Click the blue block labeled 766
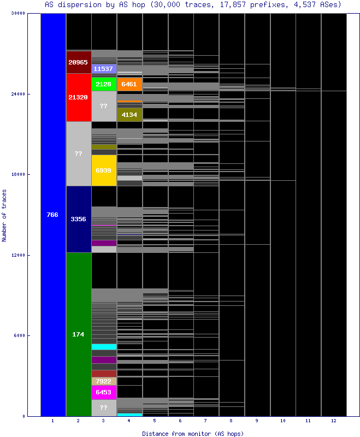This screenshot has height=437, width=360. point(53,215)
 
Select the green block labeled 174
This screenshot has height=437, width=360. point(79,334)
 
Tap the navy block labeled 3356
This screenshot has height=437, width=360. point(79,219)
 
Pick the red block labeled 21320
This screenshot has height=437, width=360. point(79,97)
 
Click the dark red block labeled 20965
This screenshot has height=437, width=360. point(79,62)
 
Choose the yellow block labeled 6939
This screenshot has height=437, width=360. point(104,170)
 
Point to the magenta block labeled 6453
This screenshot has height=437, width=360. point(104,392)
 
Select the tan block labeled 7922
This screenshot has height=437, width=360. point(104,381)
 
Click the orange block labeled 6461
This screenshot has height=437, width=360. point(129,84)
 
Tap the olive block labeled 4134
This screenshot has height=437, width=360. point(129,115)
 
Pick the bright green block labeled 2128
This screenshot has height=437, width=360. point(104,84)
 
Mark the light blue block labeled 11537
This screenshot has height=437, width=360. point(104,69)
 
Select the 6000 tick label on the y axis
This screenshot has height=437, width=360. point(20,336)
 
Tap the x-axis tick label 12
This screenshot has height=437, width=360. point(334,421)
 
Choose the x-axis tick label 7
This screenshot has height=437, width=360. point(206,421)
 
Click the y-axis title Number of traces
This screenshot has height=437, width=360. point(4,215)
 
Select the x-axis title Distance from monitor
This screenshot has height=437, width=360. point(193,433)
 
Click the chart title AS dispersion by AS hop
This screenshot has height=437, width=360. point(193,5)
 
